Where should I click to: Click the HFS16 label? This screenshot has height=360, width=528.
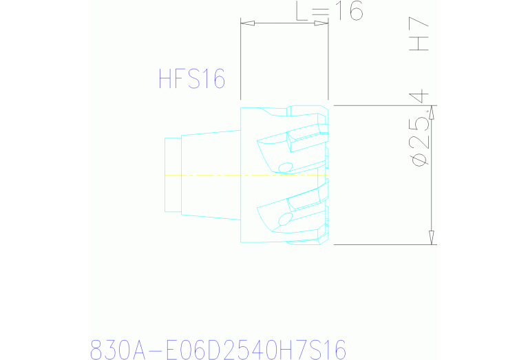[192, 79]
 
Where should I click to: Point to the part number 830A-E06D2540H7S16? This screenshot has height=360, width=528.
[218, 348]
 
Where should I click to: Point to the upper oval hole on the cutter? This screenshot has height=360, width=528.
[286, 167]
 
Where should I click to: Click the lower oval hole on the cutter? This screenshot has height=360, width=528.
[284, 220]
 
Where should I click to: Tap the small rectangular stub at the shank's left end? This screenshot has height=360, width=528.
[172, 174]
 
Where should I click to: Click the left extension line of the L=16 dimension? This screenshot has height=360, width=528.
[240, 62]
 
